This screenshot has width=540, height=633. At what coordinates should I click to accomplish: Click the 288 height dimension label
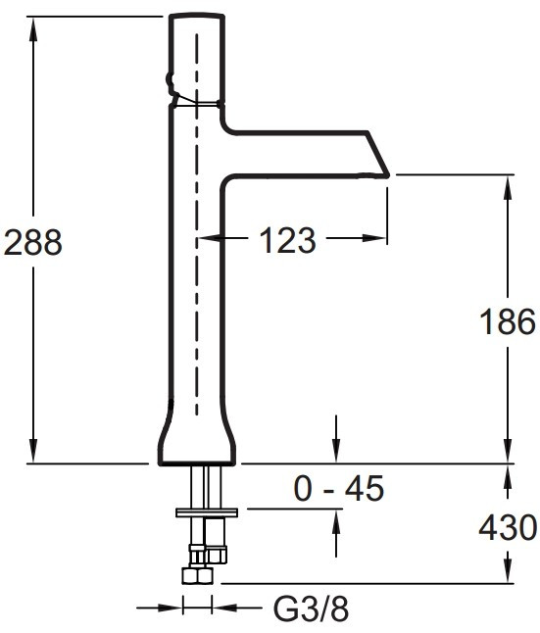pos(32,242)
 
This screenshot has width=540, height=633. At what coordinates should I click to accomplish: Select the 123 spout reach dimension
pos(287,240)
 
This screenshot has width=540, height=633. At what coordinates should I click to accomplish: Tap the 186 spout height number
pos(508,321)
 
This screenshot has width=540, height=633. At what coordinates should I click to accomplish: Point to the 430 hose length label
pos(508,527)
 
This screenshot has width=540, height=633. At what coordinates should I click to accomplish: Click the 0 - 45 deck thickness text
pos(338,489)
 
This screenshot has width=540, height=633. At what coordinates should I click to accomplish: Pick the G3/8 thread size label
pos(311,609)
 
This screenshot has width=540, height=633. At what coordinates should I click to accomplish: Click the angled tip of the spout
pos(388,176)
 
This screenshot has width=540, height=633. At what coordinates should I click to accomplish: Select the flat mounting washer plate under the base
pos(207,512)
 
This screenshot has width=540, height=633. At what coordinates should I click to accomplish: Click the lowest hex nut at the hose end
pos(197,575)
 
